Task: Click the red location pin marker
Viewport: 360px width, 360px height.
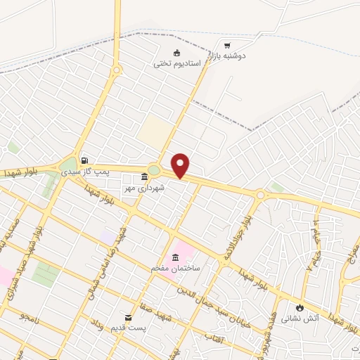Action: coord(181,166)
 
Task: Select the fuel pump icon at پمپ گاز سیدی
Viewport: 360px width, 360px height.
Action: coord(84,160)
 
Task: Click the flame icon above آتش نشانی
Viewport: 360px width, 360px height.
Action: coord(301,307)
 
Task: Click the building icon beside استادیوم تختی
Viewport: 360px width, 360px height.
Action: coord(176,53)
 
